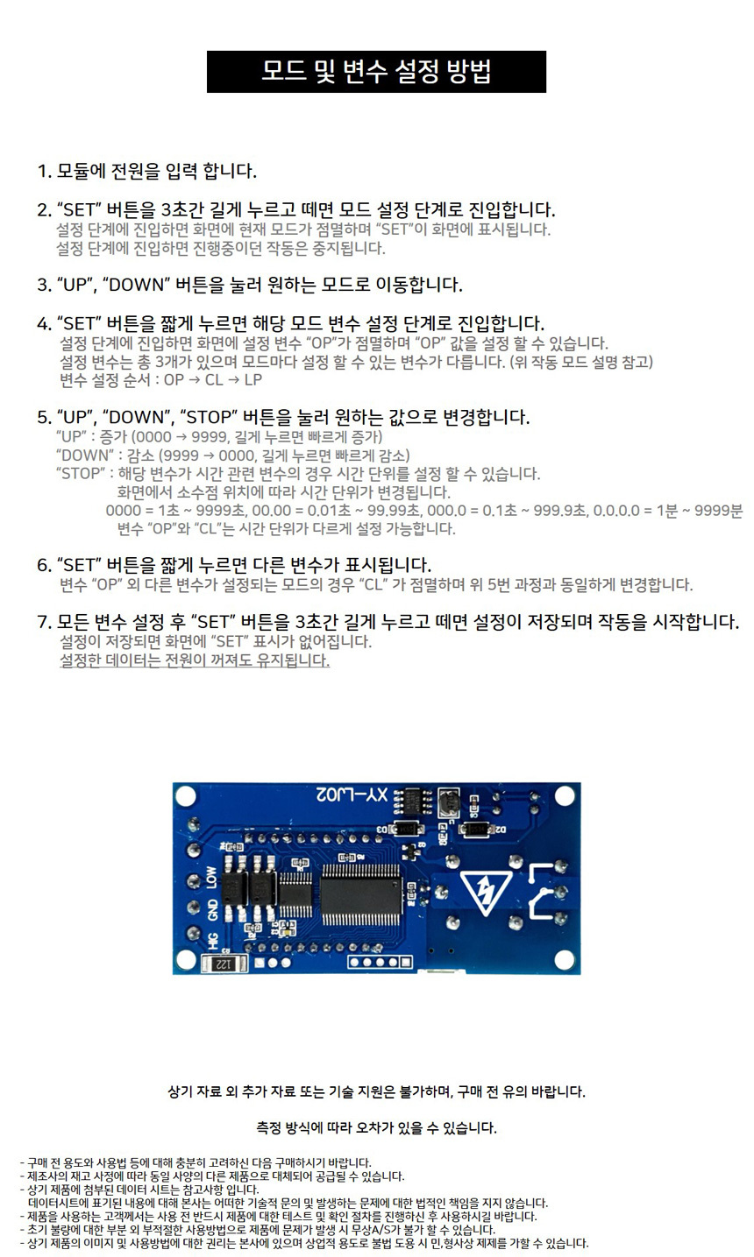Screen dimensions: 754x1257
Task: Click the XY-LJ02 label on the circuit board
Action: (x=352, y=794)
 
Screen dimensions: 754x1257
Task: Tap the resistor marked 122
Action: (x=224, y=964)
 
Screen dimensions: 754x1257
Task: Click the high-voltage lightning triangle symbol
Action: (x=487, y=893)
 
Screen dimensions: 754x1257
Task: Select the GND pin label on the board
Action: (x=212, y=909)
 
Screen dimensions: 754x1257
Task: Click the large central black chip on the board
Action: (x=360, y=894)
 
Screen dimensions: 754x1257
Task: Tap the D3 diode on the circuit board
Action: (x=409, y=829)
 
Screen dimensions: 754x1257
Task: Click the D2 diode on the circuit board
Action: (x=475, y=829)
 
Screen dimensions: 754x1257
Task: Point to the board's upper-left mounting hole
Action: (x=185, y=795)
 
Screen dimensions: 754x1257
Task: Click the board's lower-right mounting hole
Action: (x=564, y=960)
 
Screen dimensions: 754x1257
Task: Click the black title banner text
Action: (x=376, y=71)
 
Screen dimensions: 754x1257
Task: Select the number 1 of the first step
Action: (x=43, y=171)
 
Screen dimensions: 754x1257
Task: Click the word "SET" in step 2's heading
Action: (x=79, y=210)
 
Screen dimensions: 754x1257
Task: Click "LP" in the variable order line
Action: (x=253, y=380)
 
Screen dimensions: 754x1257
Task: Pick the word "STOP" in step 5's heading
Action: (x=209, y=417)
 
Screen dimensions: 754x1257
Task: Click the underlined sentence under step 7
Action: (x=195, y=660)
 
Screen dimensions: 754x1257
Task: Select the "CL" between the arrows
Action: (x=214, y=380)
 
